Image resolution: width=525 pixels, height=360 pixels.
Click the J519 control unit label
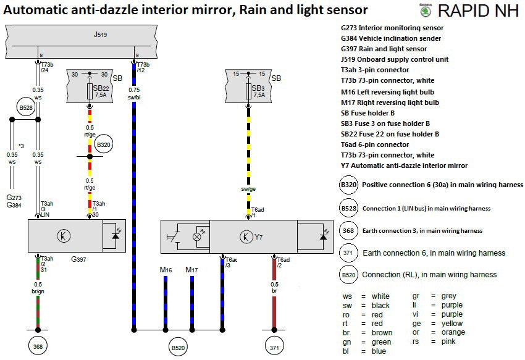(x=101, y=35)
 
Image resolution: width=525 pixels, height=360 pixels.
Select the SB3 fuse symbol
(x=248, y=92)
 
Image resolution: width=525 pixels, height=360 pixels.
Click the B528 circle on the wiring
(x=25, y=107)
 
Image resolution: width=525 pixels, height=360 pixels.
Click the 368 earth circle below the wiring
(x=38, y=347)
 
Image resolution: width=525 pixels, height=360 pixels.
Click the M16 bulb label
(x=166, y=270)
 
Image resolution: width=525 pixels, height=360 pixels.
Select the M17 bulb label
(x=192, y=270)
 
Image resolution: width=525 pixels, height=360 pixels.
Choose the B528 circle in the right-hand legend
(x=349, y=207)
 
